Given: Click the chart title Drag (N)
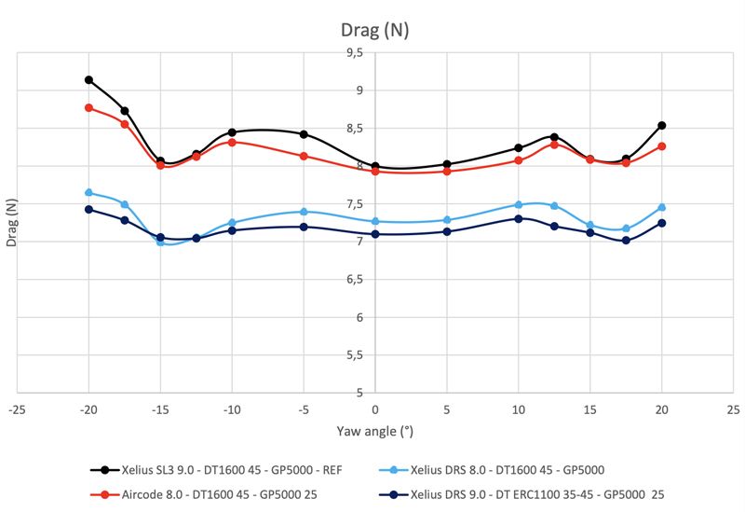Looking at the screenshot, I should tap(374, 30).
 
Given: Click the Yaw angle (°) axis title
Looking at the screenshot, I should tap(374, 432).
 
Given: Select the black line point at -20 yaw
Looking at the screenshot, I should tap(88, 80).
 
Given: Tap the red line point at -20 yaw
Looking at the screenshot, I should tap(88, 108).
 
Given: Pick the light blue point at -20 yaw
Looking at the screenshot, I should tap(88, 193).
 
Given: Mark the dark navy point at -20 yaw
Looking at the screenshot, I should tap(88, 210).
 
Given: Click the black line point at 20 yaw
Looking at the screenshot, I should tap(661, 125).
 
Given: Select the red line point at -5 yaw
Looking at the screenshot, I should tap(304, 156).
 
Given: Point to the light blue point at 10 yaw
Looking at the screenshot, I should tap(518, 204).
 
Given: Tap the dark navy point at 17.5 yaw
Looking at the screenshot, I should tap(626, 241).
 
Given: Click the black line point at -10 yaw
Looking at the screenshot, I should tap(232, 132).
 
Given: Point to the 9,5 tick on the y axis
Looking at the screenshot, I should tap(356, 53).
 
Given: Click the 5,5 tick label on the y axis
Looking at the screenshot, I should tap(356, 354).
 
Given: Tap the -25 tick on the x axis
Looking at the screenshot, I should tap(17, 410).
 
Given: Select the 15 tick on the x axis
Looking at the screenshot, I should tap(589, 410).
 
